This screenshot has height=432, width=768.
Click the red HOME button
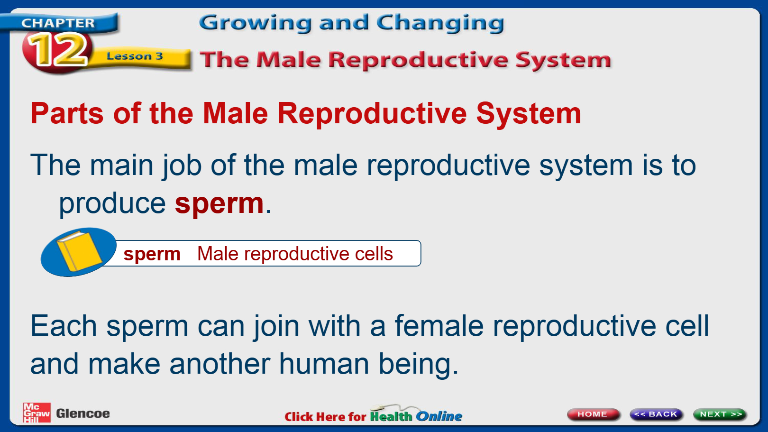pyautogui.click(x=593, y=414)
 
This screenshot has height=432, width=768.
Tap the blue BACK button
pyautogui.click(x=656, y=414)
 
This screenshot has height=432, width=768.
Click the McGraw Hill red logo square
pyautogui.click(x=37, y=412)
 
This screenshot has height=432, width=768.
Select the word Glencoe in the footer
pyautogui.click(x=83, y=414)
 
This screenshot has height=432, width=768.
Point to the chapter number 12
pyautogui.click(x=58, y=49)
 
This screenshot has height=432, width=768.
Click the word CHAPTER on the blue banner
pyautogui.click(x=58, y=23)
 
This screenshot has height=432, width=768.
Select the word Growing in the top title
pyautogui.click(x=255, y=23)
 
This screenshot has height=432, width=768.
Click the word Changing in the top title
pyautogui.click(x=440, y=23)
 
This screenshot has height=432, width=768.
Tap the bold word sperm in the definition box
pyautogui.click(x=152, y=254)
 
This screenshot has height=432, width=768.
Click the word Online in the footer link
pyautogui.click(x=439, y=416)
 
